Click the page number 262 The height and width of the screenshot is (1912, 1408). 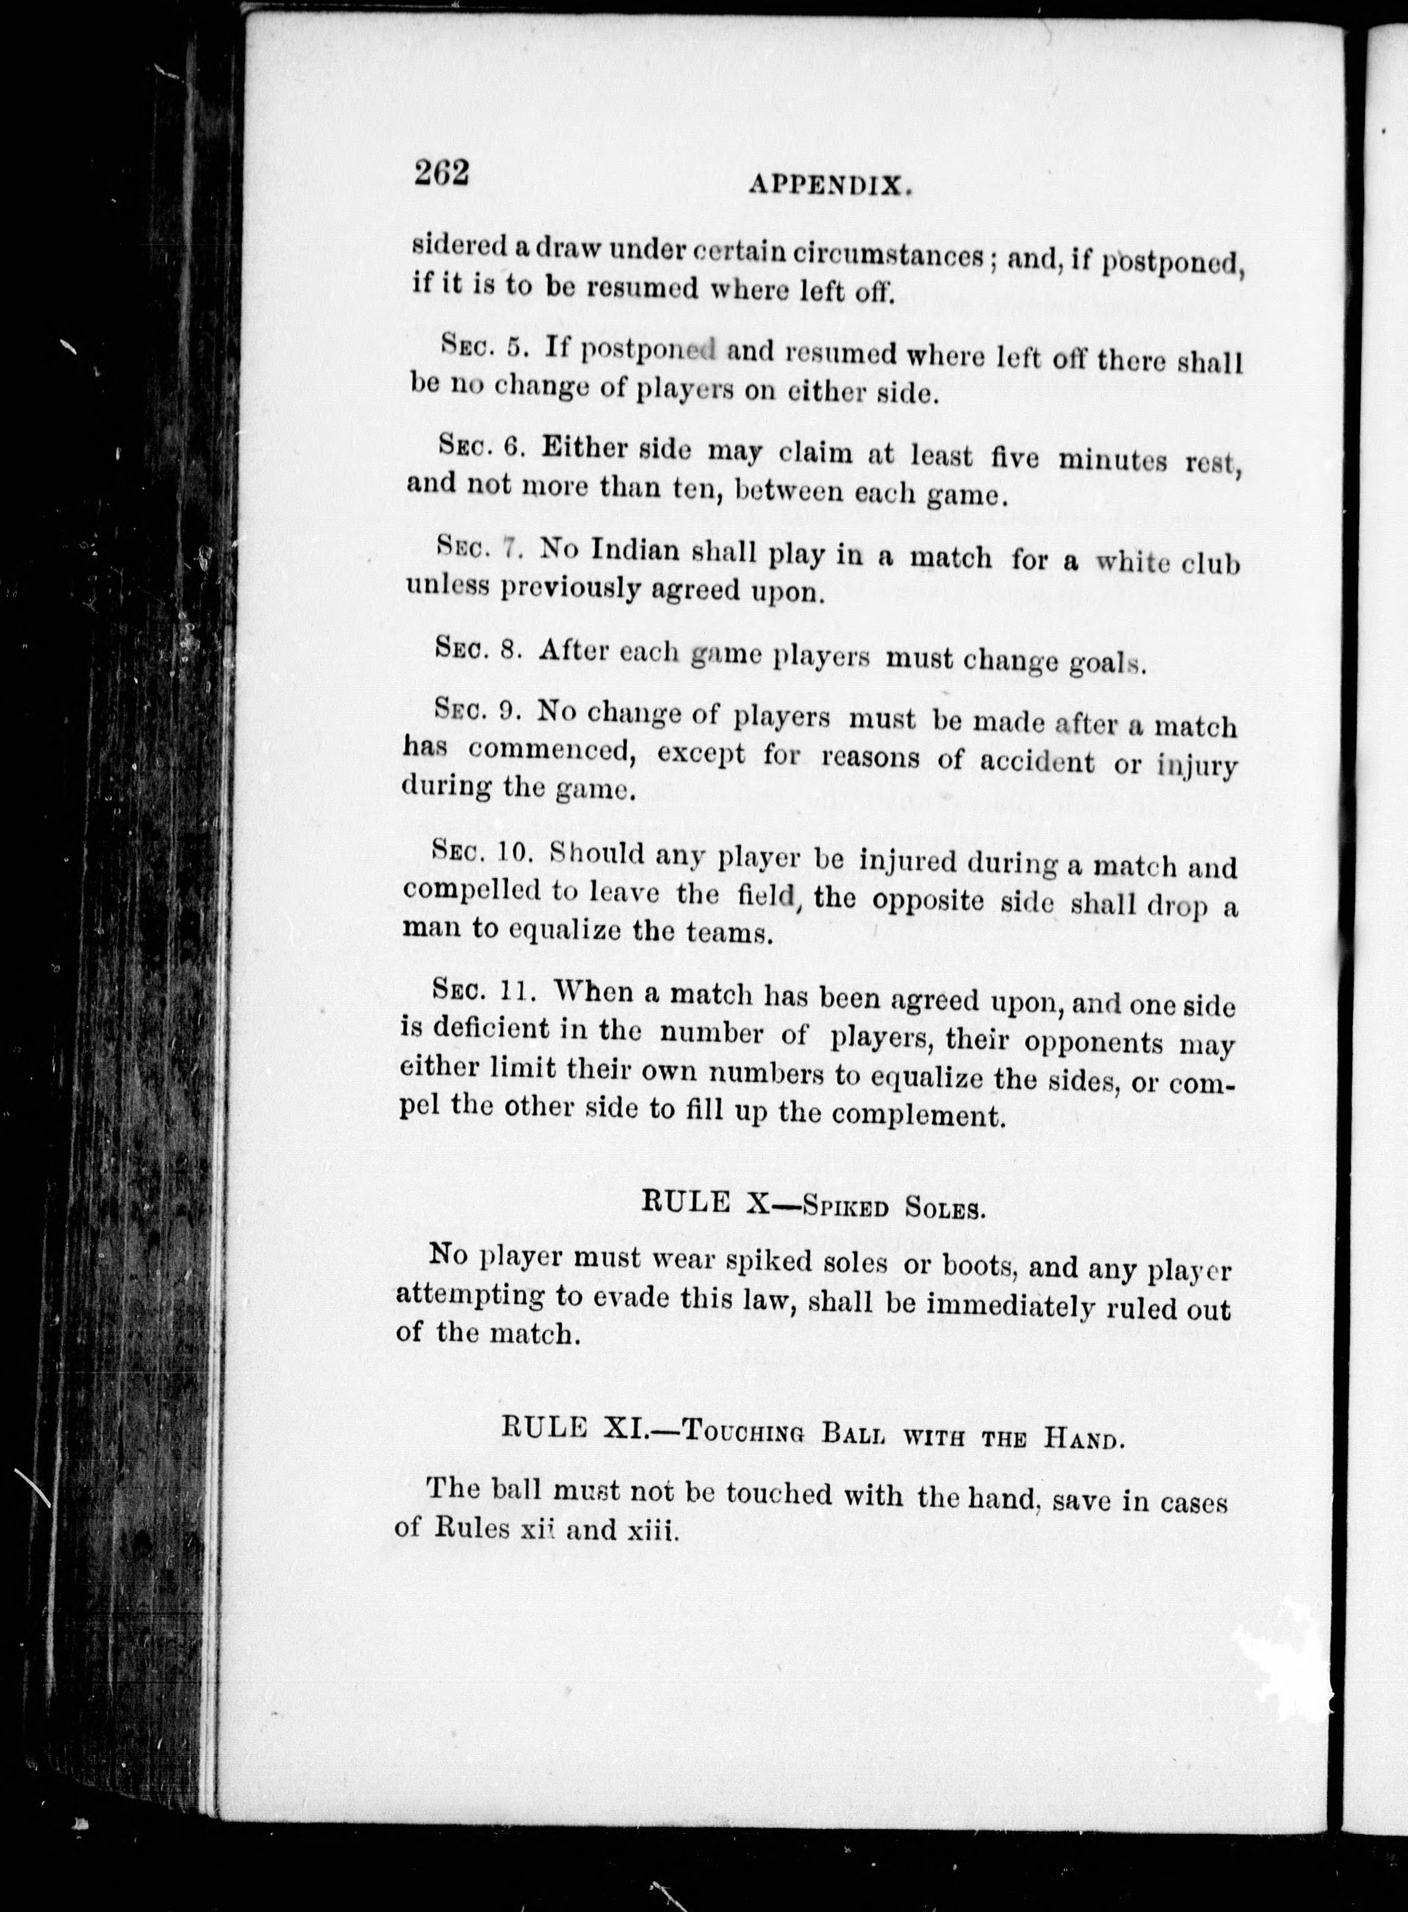coord(442,173)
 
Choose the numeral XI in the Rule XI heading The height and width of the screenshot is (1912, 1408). coord(627,1427)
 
